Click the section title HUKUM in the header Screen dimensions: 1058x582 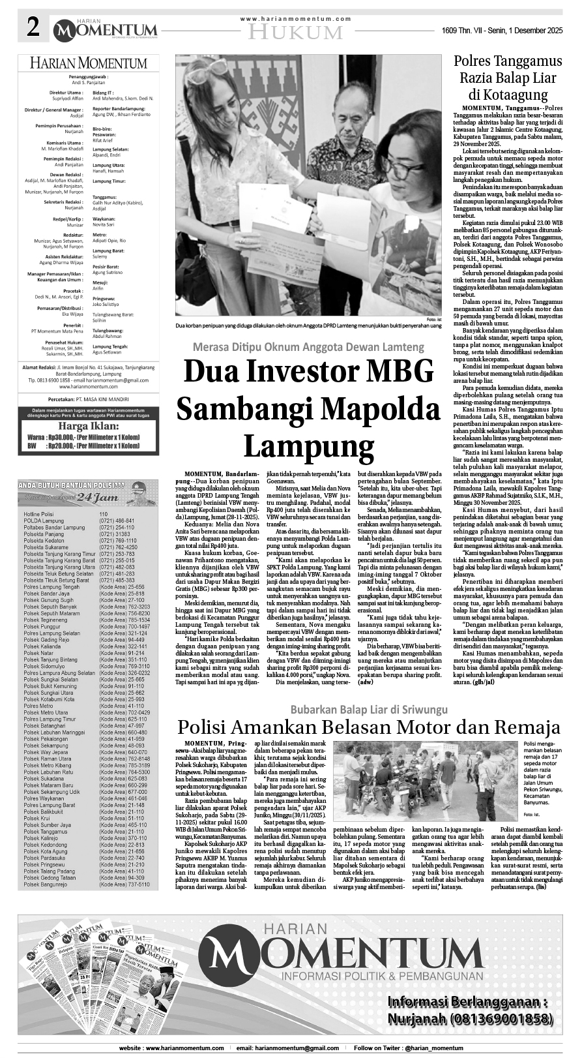(296, 32)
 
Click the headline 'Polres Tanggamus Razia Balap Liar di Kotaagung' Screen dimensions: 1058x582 (508, 77)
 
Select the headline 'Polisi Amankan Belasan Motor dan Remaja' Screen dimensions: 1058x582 (369, 727)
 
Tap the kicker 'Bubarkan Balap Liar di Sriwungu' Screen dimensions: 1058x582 (369, 708)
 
